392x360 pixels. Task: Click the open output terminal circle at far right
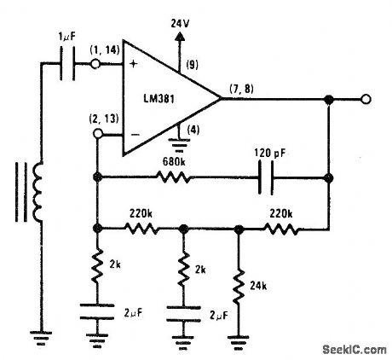click(365, 100)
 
